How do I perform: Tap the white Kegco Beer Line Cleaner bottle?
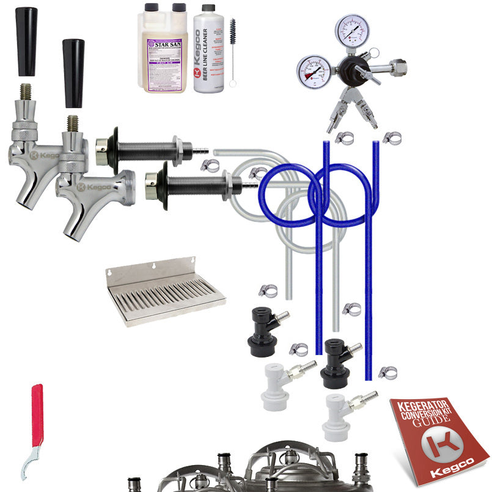tap(210, 52)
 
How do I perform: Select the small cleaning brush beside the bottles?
tap(233, 52)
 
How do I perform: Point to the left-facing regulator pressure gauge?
tap(313, 72)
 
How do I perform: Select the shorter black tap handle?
tap(73, 73)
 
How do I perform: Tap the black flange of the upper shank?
tap(114, 147)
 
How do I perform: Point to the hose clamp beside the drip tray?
tap(267, 291)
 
